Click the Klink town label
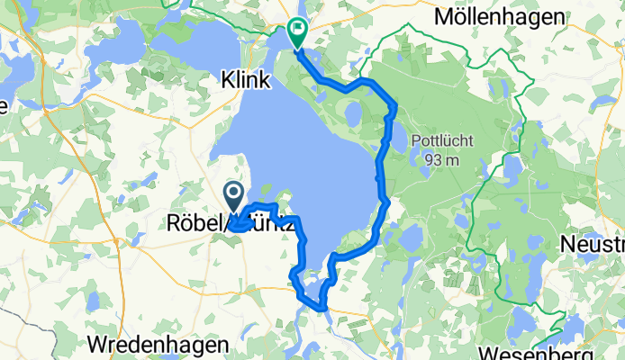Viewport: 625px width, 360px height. (246, 81)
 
